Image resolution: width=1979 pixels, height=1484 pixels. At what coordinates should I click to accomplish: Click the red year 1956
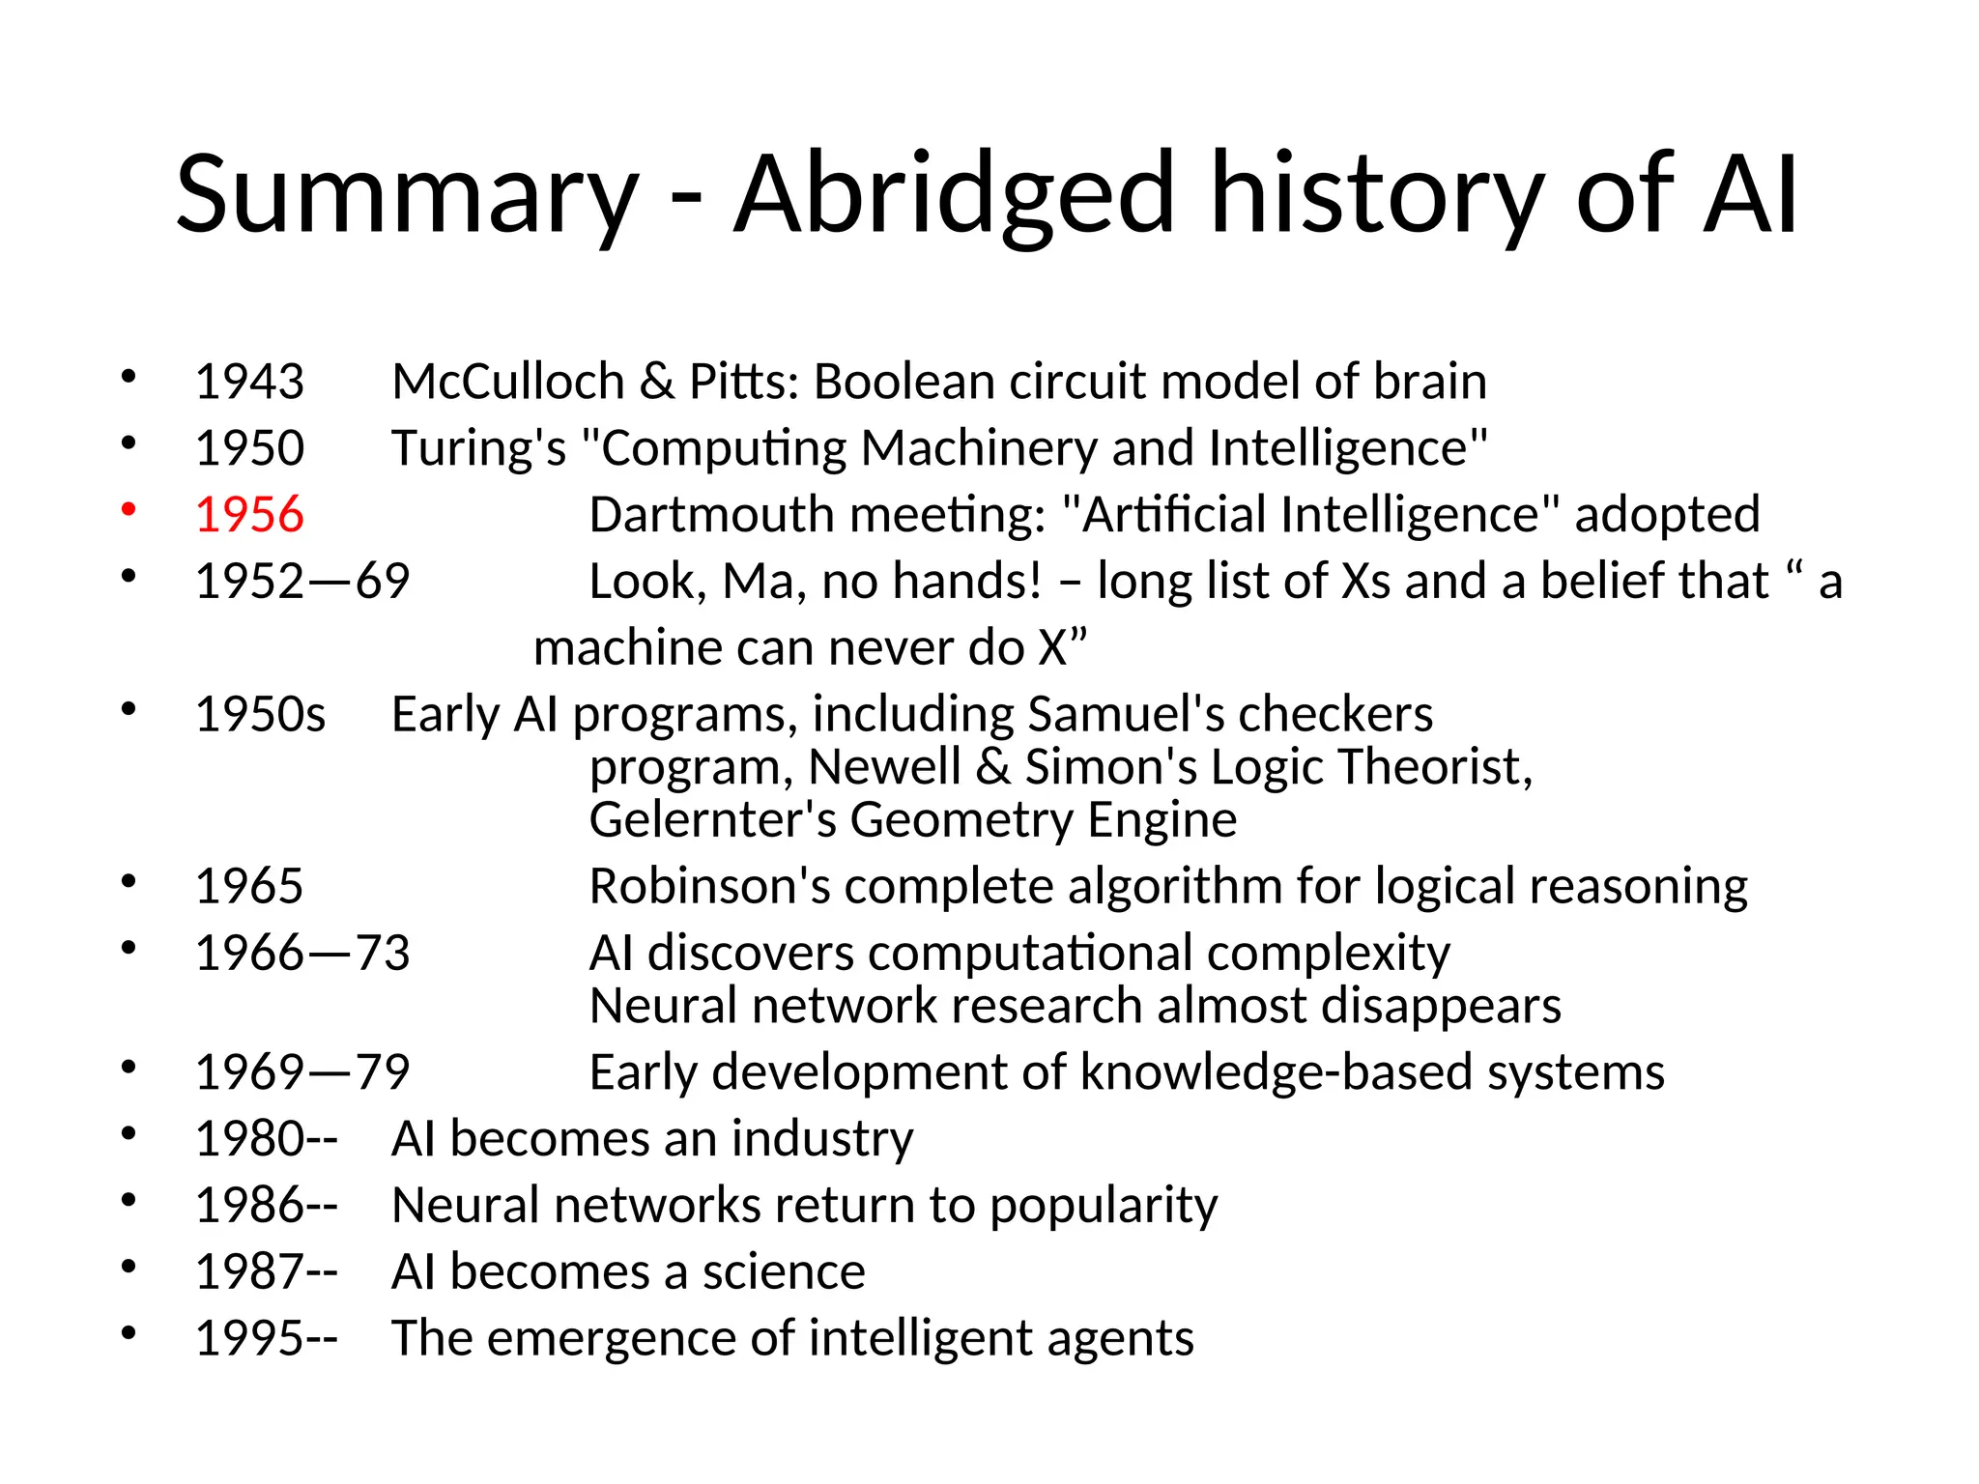pos(249,514)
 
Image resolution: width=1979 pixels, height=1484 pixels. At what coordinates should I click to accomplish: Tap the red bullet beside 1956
pos(129,510)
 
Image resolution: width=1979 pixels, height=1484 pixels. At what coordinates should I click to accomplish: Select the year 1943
pos(249,381)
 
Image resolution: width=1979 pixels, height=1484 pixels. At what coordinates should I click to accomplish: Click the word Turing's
pos(478,448)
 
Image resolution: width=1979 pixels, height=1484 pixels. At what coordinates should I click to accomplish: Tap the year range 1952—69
pos(301,581)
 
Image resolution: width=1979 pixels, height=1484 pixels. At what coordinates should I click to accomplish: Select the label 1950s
pos(260,714)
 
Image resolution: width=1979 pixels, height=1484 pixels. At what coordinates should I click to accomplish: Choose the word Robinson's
pos(709,886)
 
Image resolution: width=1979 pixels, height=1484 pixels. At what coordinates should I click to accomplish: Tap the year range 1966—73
pos(301,953)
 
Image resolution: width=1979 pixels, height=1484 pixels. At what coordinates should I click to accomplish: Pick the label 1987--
pos(266,1271)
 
